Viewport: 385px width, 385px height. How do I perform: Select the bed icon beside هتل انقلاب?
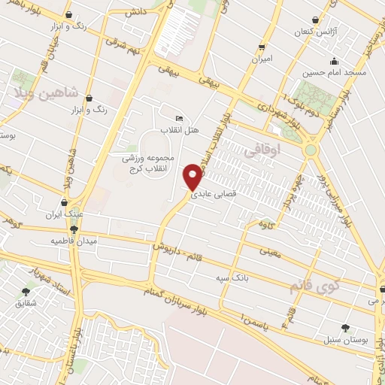point(178,119)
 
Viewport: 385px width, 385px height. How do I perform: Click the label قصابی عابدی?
point(216,193)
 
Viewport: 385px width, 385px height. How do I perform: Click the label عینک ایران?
point(63,214)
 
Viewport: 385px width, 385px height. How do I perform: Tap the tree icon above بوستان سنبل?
point(345,327)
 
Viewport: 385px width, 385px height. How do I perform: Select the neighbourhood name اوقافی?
point(262,151)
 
